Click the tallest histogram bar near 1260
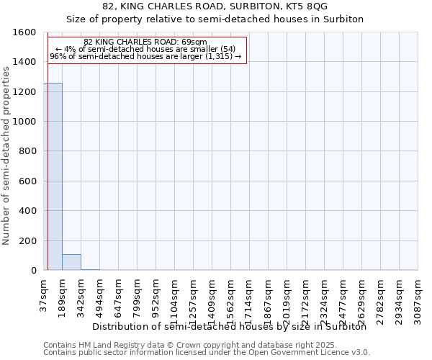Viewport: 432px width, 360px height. coord(53,176)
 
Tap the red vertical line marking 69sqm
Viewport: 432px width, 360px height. coord(47,151)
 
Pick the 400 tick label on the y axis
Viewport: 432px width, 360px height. coord(28,211)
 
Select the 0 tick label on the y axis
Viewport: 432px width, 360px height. coord(33,271)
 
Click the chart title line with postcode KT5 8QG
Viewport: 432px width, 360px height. coord(215,6)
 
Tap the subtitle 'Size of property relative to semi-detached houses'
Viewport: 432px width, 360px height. coord(215,19)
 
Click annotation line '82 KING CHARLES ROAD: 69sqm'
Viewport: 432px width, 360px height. coord(145,42)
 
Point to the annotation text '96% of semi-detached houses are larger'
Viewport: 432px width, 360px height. coord(145,56)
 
